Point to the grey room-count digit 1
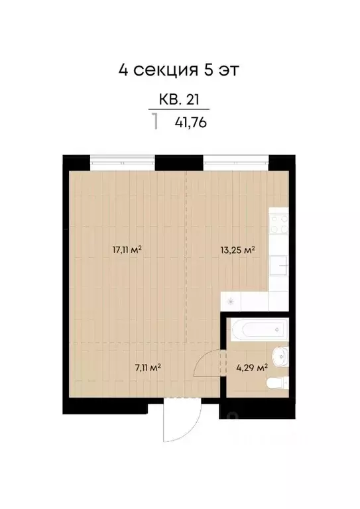pyautogui.click(x=155, y=121)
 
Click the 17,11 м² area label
pyautogui.click(x=127, y=250)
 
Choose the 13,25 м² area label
pyautogui.click(x=237, y=250)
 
